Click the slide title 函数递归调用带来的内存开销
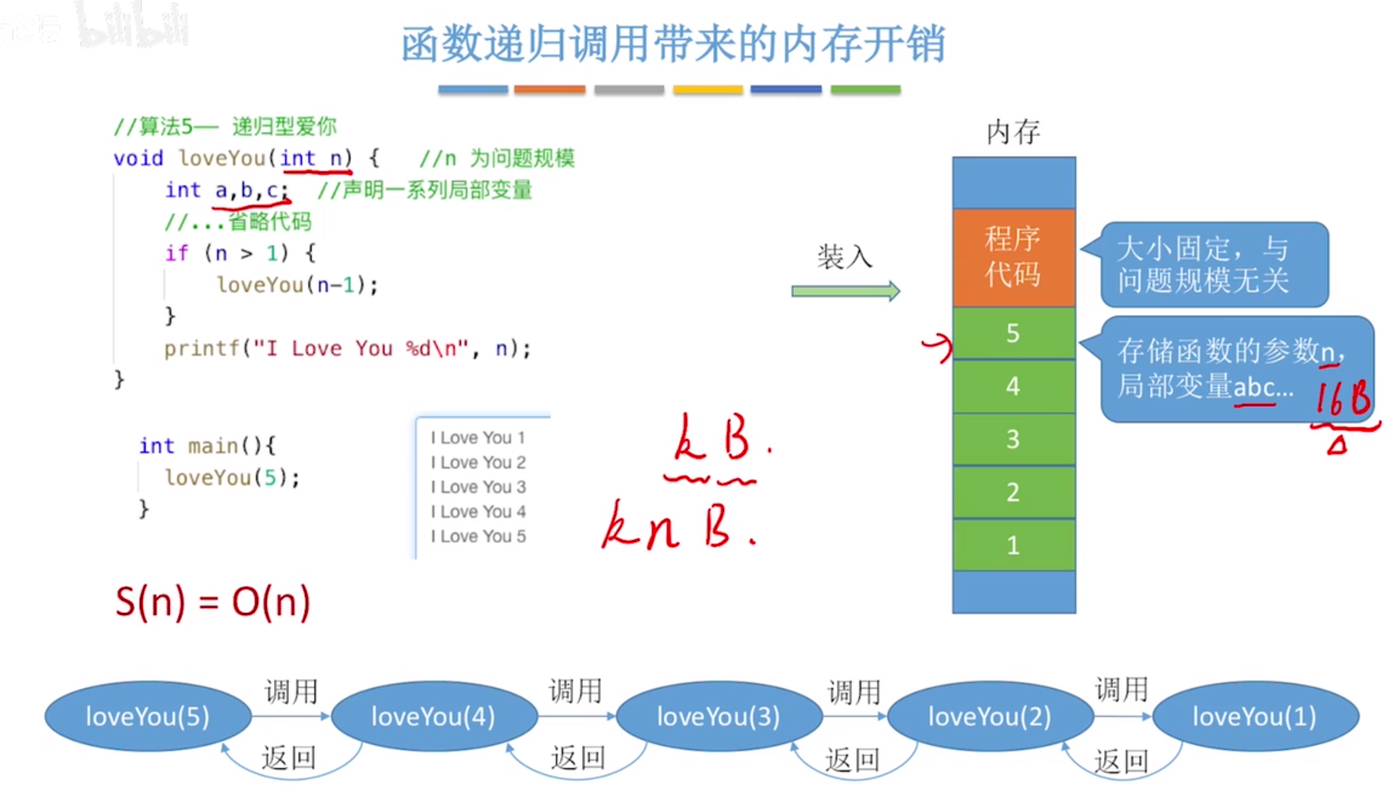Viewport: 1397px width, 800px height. pos(673,44)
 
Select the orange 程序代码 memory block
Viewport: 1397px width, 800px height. pos(1014,257)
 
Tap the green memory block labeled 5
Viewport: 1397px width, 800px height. pos(1014,333)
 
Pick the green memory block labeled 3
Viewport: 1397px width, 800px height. pos(1014,439)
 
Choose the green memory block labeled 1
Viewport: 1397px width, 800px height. pos(1014,545)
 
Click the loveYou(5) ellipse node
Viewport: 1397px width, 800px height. pos(147,717)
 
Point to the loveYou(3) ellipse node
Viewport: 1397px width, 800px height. pos(718,717)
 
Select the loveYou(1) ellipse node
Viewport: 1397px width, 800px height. pos(1255,717)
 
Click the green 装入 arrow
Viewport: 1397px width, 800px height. pos(845,291)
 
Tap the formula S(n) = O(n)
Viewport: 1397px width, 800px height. pos(213,602)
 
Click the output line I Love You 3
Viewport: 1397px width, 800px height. pos(478,487)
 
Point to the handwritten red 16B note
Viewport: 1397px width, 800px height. pos(1343,399)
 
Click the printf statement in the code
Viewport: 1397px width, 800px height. pos(347,349)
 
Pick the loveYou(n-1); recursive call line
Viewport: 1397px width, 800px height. pos(297,285)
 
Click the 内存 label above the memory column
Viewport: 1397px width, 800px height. pos(1013,132)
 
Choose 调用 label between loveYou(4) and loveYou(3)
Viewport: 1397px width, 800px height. pos(575,692)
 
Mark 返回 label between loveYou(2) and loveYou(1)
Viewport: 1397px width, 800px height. pos(1121,761)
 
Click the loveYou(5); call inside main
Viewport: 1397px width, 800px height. pos(232,477)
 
